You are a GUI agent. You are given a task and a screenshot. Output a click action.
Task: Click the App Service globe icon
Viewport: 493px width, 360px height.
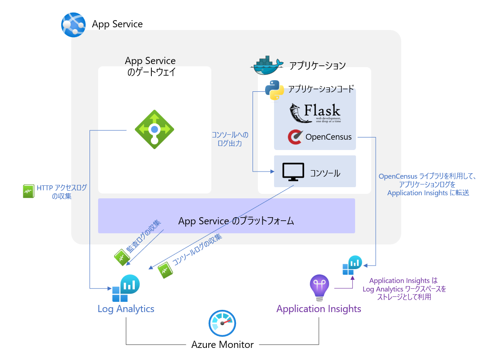point(73,25)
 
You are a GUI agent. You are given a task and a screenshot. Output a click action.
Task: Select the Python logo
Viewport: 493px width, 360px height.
point(274,90)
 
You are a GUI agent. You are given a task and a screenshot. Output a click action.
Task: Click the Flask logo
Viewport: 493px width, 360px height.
point(315,113)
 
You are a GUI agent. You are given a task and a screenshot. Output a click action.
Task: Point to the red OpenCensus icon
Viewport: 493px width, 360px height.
point(295,137)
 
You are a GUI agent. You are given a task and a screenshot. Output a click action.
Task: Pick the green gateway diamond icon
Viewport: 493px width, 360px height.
point(154,129)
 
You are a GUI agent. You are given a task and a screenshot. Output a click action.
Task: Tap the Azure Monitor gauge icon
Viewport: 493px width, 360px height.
point(223,324)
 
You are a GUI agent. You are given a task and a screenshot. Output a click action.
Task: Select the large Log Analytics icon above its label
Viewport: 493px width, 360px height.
point(125,288)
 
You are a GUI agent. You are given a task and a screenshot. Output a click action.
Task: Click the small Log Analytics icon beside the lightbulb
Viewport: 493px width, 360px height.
point(352,265)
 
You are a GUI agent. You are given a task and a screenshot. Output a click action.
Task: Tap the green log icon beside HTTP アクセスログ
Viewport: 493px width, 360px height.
point(28,191)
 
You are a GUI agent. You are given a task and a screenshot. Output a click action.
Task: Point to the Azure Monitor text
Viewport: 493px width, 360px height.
point(223,345)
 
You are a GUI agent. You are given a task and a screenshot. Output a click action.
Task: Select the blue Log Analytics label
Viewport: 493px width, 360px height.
point(126,309)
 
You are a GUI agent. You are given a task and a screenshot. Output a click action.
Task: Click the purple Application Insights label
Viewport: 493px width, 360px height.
point(319,309)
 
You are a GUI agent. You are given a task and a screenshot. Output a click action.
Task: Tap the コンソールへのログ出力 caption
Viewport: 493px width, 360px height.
point(229,139)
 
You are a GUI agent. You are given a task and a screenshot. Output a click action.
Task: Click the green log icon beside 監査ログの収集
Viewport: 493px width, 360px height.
point(122,257)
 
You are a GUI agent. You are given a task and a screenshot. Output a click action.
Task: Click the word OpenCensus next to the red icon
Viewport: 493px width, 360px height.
point(328,137)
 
